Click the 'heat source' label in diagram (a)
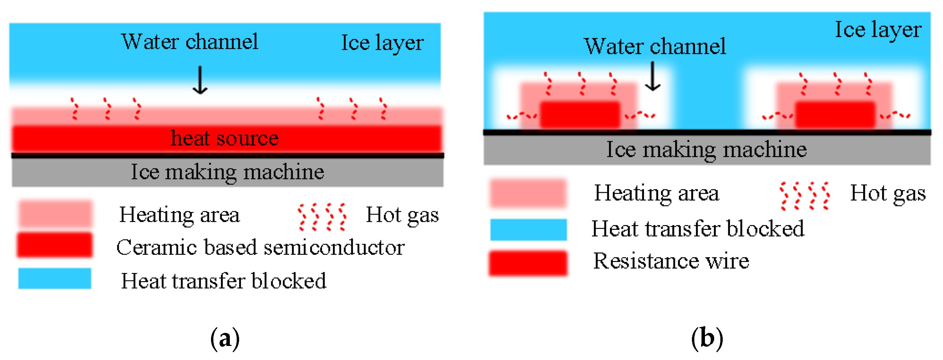(x=224, y=138)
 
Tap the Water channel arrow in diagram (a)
(x=200, y=80)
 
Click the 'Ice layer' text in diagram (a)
(x=382, y=43)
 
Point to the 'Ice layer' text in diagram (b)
(x=878, y=30)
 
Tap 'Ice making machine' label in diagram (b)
(x=706, y=149)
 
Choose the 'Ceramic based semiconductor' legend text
(x=260, y=248)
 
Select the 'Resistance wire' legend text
(x=671, y=261)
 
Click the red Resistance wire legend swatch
(x=528, y=263)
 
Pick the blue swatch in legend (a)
(x=54, y=278)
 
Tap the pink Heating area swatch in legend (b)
(x=528, y=193)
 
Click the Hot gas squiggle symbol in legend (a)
(x=322, y=217)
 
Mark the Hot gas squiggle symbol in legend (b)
(x=805, y=196)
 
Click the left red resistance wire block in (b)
(x=580, y=115)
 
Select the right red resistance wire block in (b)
(x=835, y=115)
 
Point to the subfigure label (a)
(x=225, y=339)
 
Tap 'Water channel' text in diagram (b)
(x=655, y=47)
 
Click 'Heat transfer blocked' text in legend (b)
(x=698, y=229)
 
